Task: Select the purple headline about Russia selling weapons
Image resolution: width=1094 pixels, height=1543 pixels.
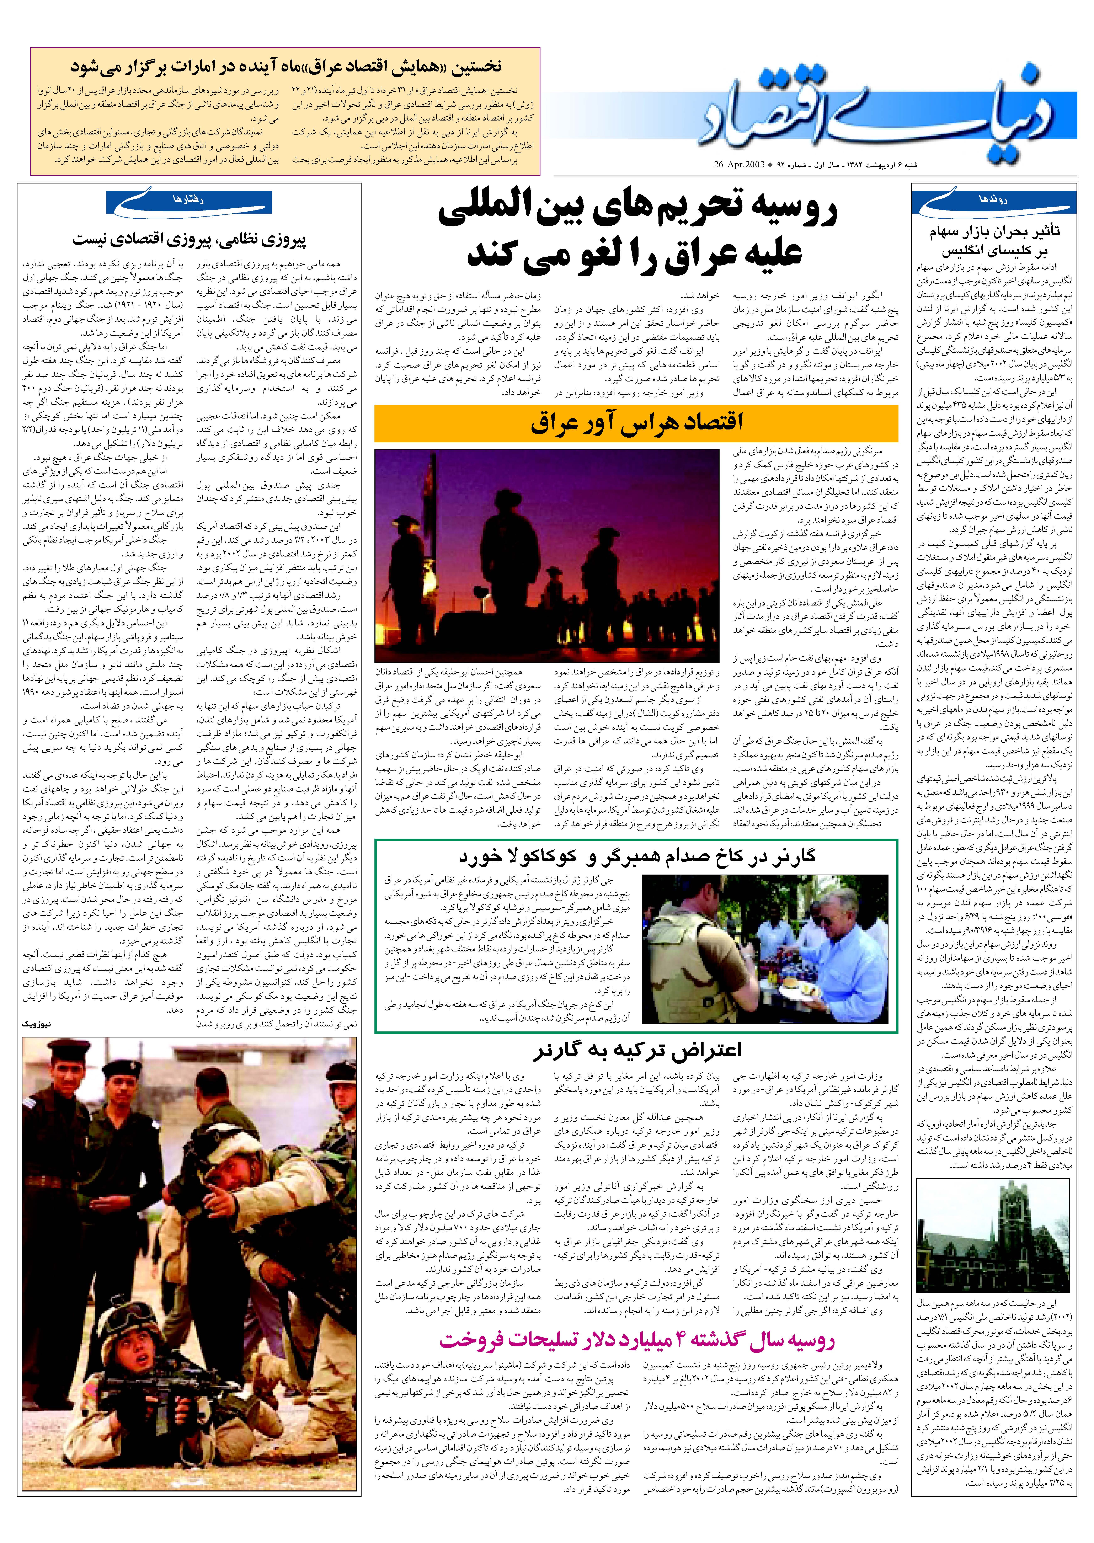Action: pos(637,1339)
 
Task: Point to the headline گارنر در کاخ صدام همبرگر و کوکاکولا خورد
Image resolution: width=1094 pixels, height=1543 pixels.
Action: pos(637,857)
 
